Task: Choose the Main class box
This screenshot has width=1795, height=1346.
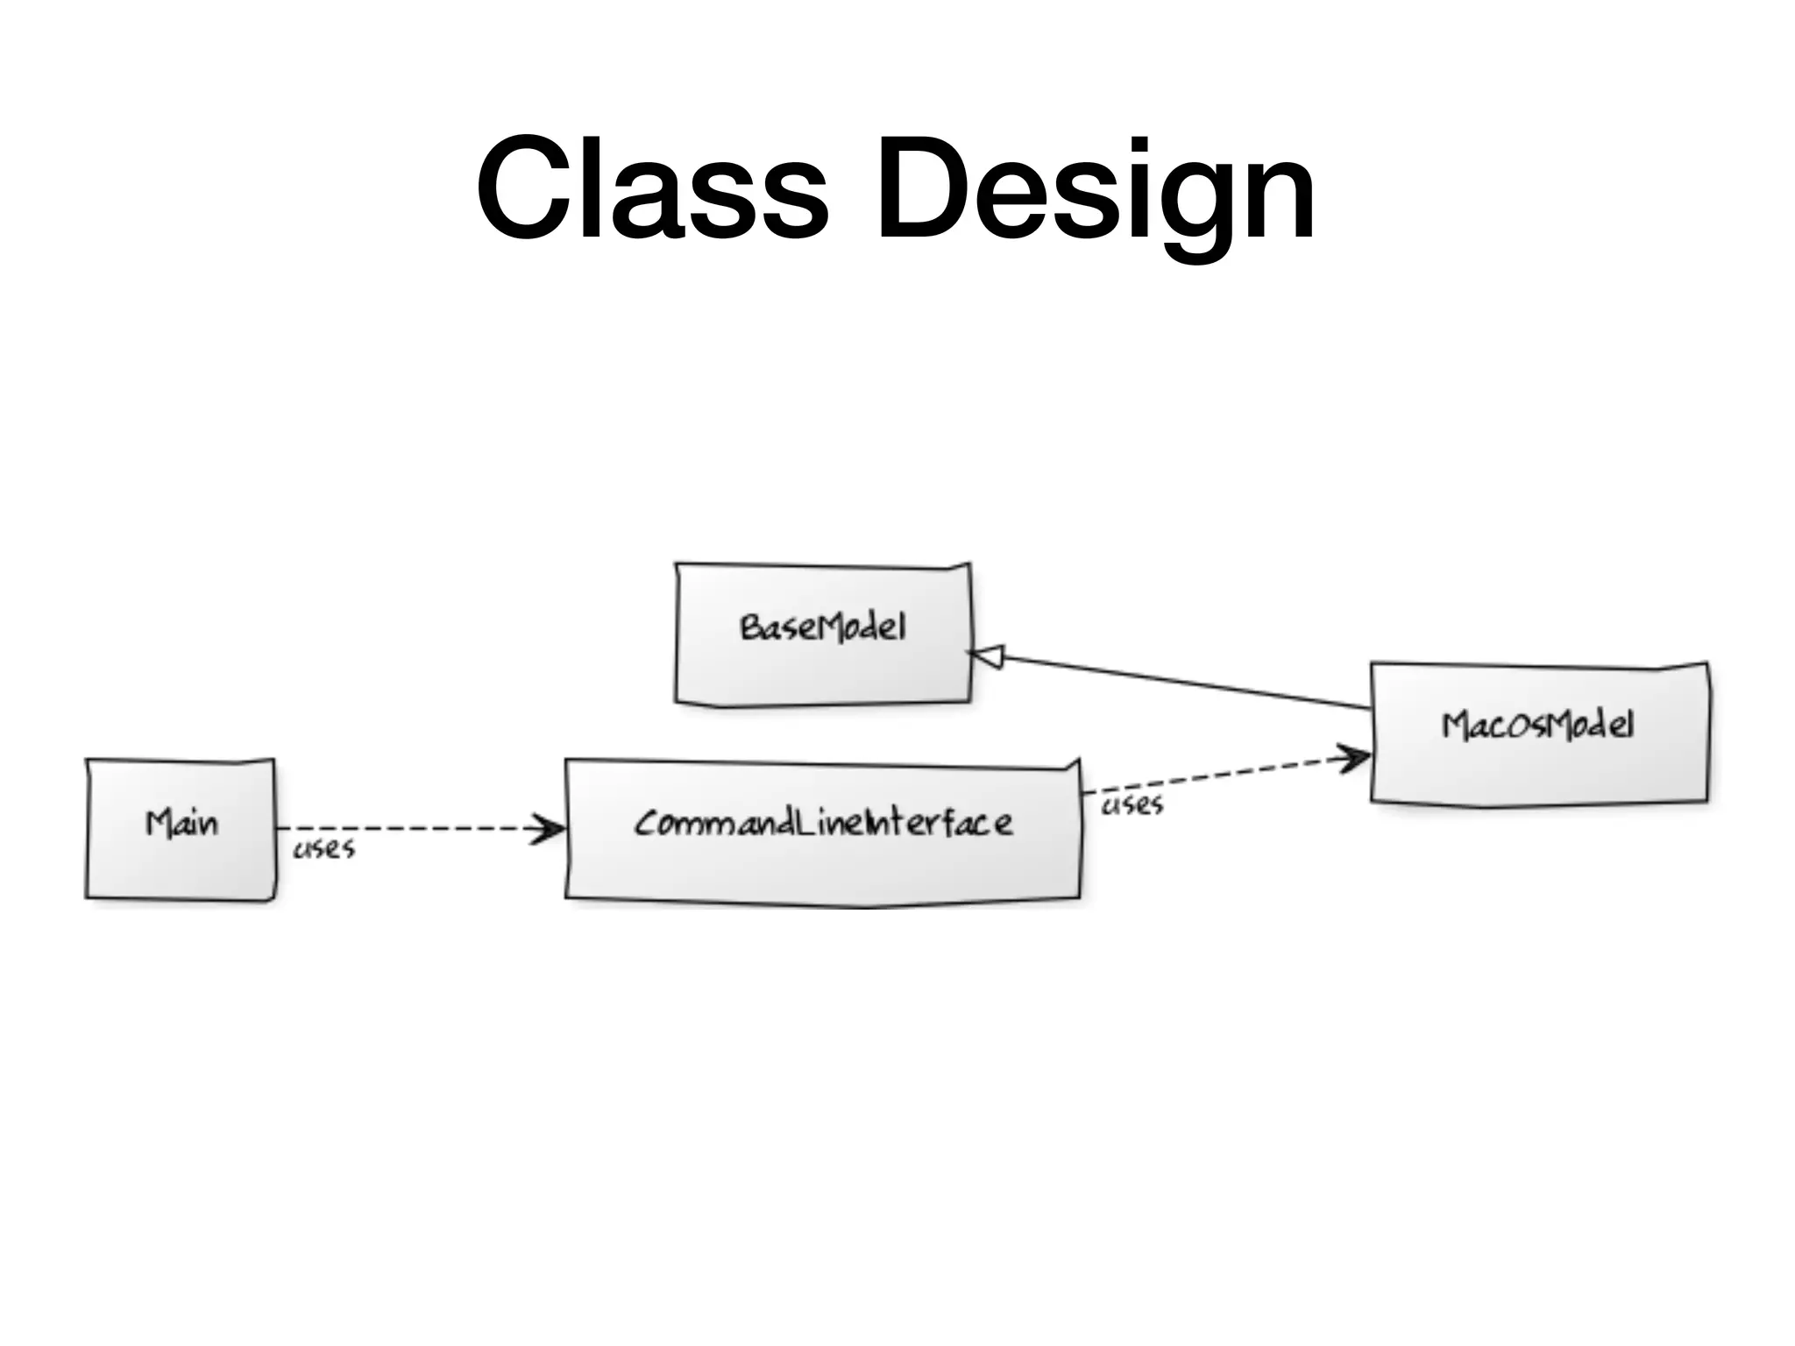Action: click(x=181, y=868)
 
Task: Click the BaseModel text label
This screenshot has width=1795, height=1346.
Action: click(x=823, y=627)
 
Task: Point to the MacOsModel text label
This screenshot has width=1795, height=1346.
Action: click(x=1538, y=726)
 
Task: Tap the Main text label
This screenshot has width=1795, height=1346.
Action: click(x=181, y=824)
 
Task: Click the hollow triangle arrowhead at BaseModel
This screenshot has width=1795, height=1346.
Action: click(x=986, y=655)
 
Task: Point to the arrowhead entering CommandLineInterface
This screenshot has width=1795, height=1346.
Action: click(x=550, y=829)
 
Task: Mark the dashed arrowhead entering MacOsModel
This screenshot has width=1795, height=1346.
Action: click(x=1354, y=758)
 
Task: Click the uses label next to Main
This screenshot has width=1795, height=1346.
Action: click(x=323, y=849)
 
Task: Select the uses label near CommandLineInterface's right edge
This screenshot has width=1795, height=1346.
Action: click(x=1132, y=805)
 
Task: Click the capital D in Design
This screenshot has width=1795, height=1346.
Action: click(x=919, y=188)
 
